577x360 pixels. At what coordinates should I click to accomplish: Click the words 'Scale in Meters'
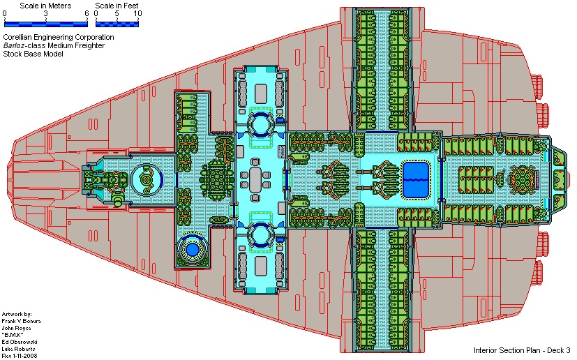coord(41,6)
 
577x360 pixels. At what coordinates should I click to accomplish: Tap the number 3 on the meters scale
coord(45,14)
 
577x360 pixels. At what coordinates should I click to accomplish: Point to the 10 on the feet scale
coord(137,14)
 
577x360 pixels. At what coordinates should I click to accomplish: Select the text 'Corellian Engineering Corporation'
coord(59,38)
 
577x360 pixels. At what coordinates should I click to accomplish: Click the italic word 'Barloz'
coord(15,46)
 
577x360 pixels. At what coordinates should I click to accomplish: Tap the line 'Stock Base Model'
coord(33,54)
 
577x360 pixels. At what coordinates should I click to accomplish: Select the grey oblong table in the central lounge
coord(258,181)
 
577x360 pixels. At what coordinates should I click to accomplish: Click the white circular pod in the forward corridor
coord(147,179)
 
